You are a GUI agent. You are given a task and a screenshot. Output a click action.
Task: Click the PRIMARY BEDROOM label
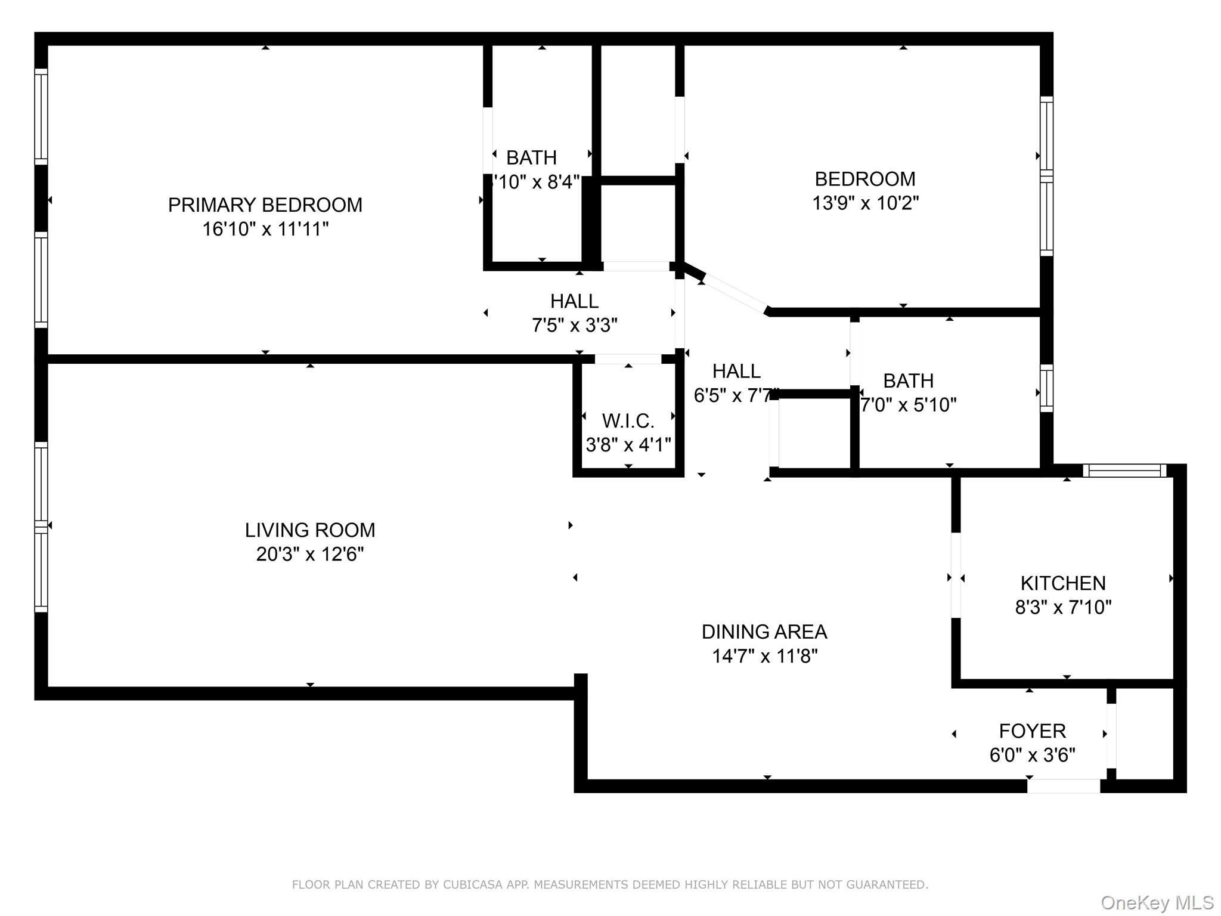(265, 205)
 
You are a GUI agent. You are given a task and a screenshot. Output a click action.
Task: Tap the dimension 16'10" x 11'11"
(265, 229)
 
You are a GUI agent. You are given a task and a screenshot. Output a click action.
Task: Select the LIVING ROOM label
(310, 530)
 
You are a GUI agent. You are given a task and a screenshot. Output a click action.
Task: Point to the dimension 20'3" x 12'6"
(310, 554)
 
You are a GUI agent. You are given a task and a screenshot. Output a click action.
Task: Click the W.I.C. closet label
(628, 421)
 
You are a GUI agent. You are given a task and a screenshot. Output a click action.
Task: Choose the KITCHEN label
(1063, 583)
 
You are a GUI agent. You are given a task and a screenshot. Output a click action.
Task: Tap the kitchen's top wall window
(1124, 471)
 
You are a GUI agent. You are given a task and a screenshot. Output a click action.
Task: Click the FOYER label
(1032, 731)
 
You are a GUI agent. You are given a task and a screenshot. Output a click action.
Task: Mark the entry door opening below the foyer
(1063, 786)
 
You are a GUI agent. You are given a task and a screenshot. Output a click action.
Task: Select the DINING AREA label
(764, 632)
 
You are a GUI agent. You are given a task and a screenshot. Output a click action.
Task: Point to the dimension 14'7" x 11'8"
(764, 656)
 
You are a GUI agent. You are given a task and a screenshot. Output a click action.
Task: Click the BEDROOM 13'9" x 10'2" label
(864, 179)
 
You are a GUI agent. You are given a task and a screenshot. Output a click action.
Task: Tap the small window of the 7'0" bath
(1046, 388)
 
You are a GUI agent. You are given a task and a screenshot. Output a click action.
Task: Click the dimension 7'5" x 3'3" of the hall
(574, 325)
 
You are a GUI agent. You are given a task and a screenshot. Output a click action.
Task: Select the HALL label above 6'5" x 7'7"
(736, 371)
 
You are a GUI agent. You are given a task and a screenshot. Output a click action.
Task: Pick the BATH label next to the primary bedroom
(531, 157)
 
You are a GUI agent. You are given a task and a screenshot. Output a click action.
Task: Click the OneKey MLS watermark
(1157, 902)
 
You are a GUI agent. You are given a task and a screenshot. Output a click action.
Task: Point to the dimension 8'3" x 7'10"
(1063, 607)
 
